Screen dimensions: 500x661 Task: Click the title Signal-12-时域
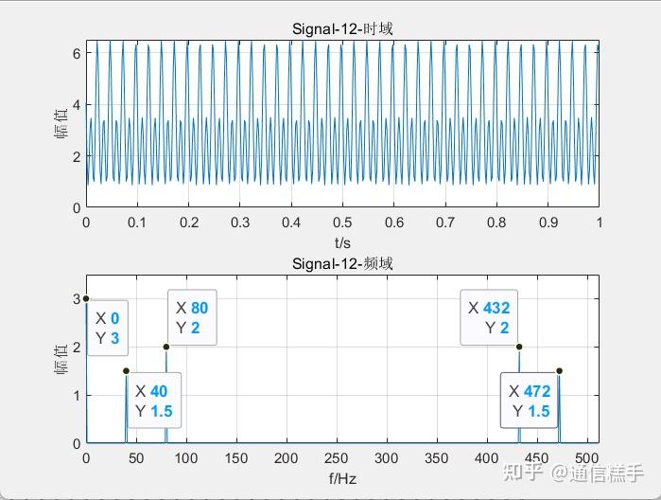tap(341, 29)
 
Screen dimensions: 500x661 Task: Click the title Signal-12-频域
tap(341, 263)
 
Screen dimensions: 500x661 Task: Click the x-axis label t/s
tap(341, 242)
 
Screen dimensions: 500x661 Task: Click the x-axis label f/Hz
tap(341, 479)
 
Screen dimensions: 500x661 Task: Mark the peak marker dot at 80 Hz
tap(166, 347)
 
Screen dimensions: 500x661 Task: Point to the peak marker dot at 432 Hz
tap(519, 347)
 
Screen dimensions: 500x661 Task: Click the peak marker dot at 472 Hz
tap(559, 370)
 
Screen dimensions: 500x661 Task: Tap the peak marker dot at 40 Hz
tap(127, 370)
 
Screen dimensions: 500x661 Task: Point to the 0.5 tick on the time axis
tap(342, 222)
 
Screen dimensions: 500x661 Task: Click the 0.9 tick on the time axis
tap(548, 222)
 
